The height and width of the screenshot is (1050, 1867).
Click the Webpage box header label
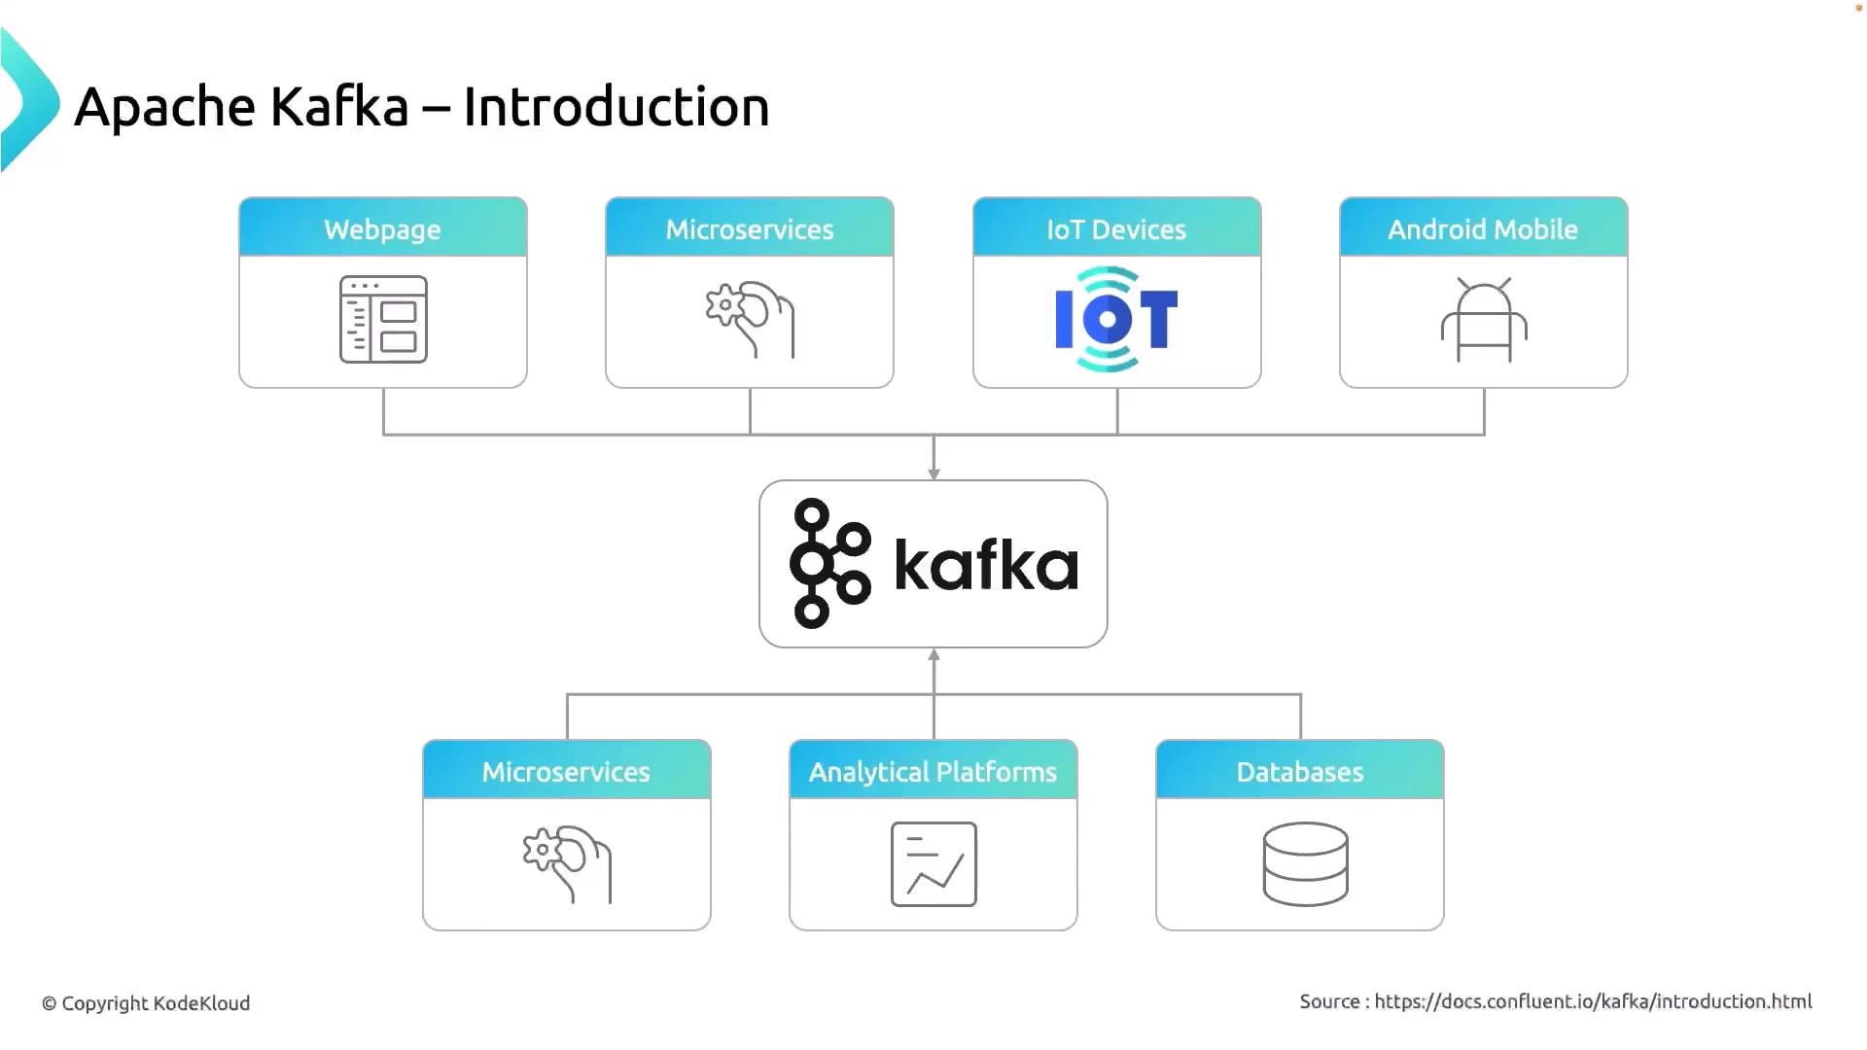point(382,229)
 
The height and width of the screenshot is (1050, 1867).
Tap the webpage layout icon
point(383,319)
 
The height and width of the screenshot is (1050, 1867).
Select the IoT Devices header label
point(1116,229)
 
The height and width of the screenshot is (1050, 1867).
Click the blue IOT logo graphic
point(1116,319)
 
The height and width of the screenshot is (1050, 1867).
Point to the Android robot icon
point(1484,320)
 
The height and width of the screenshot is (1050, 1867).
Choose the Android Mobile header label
point(1482,229)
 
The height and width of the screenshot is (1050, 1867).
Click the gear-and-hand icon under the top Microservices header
point(750,319)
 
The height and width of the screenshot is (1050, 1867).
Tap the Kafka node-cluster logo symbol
point(829,563)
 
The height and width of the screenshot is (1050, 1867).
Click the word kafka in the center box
point(986,564)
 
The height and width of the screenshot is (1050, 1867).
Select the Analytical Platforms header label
point(933,772)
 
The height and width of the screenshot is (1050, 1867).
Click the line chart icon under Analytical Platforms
point(933,864)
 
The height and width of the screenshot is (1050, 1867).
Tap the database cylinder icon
point(1305,864)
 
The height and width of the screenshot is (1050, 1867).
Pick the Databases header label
point(1299,772)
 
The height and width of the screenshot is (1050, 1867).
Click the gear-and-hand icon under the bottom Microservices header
point(567,864)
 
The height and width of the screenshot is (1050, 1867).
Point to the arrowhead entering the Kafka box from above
point(933,473)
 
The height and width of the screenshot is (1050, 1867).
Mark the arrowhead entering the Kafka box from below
point(933,655)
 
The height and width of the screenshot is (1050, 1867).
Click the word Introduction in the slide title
point(616,107)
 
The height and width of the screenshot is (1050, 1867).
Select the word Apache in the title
point(164,107)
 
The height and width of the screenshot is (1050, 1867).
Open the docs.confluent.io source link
point(1593,1001)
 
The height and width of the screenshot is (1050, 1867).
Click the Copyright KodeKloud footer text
point(146,1003)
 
